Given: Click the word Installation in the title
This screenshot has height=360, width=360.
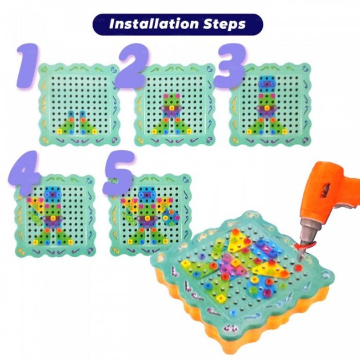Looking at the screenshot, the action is (153, 24).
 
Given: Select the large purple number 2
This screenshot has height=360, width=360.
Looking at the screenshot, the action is (132, 66).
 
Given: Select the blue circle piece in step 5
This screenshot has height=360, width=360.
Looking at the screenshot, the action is (171, 218).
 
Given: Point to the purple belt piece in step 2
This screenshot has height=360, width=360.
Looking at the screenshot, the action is (172, 110).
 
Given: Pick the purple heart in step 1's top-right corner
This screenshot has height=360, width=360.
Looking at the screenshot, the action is (114, 69).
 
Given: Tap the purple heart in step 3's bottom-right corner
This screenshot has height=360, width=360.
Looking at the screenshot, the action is (305, 139).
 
